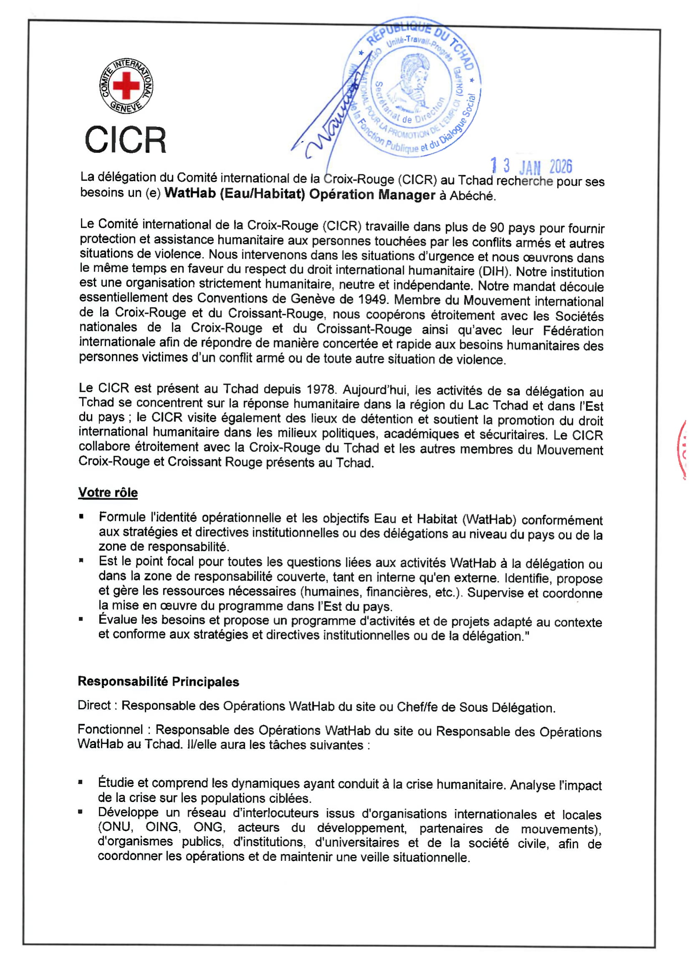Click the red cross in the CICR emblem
coord(126,85)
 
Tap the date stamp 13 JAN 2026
coord(531,166)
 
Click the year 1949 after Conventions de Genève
coord(373,299)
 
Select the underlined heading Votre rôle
coord(108,492)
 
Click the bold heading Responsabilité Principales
coord(158,681)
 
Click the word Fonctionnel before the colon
coord(110,729)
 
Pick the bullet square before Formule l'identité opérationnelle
coord(81,517)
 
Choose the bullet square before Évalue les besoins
coord(81,619)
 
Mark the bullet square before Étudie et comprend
coord(80,782)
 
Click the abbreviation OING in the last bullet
coord(162,827)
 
